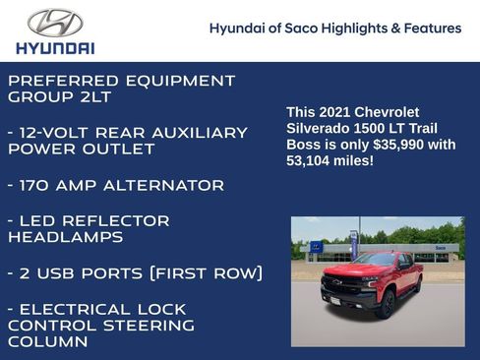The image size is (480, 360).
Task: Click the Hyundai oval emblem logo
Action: [55, 22]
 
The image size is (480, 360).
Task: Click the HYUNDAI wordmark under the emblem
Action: [55, 47]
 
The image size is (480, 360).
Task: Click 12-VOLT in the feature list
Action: [62, 133]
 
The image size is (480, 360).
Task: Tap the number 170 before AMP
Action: [41, 185]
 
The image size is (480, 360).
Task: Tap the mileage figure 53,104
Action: [311, 160]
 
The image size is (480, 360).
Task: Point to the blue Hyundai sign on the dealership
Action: [316, 247]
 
